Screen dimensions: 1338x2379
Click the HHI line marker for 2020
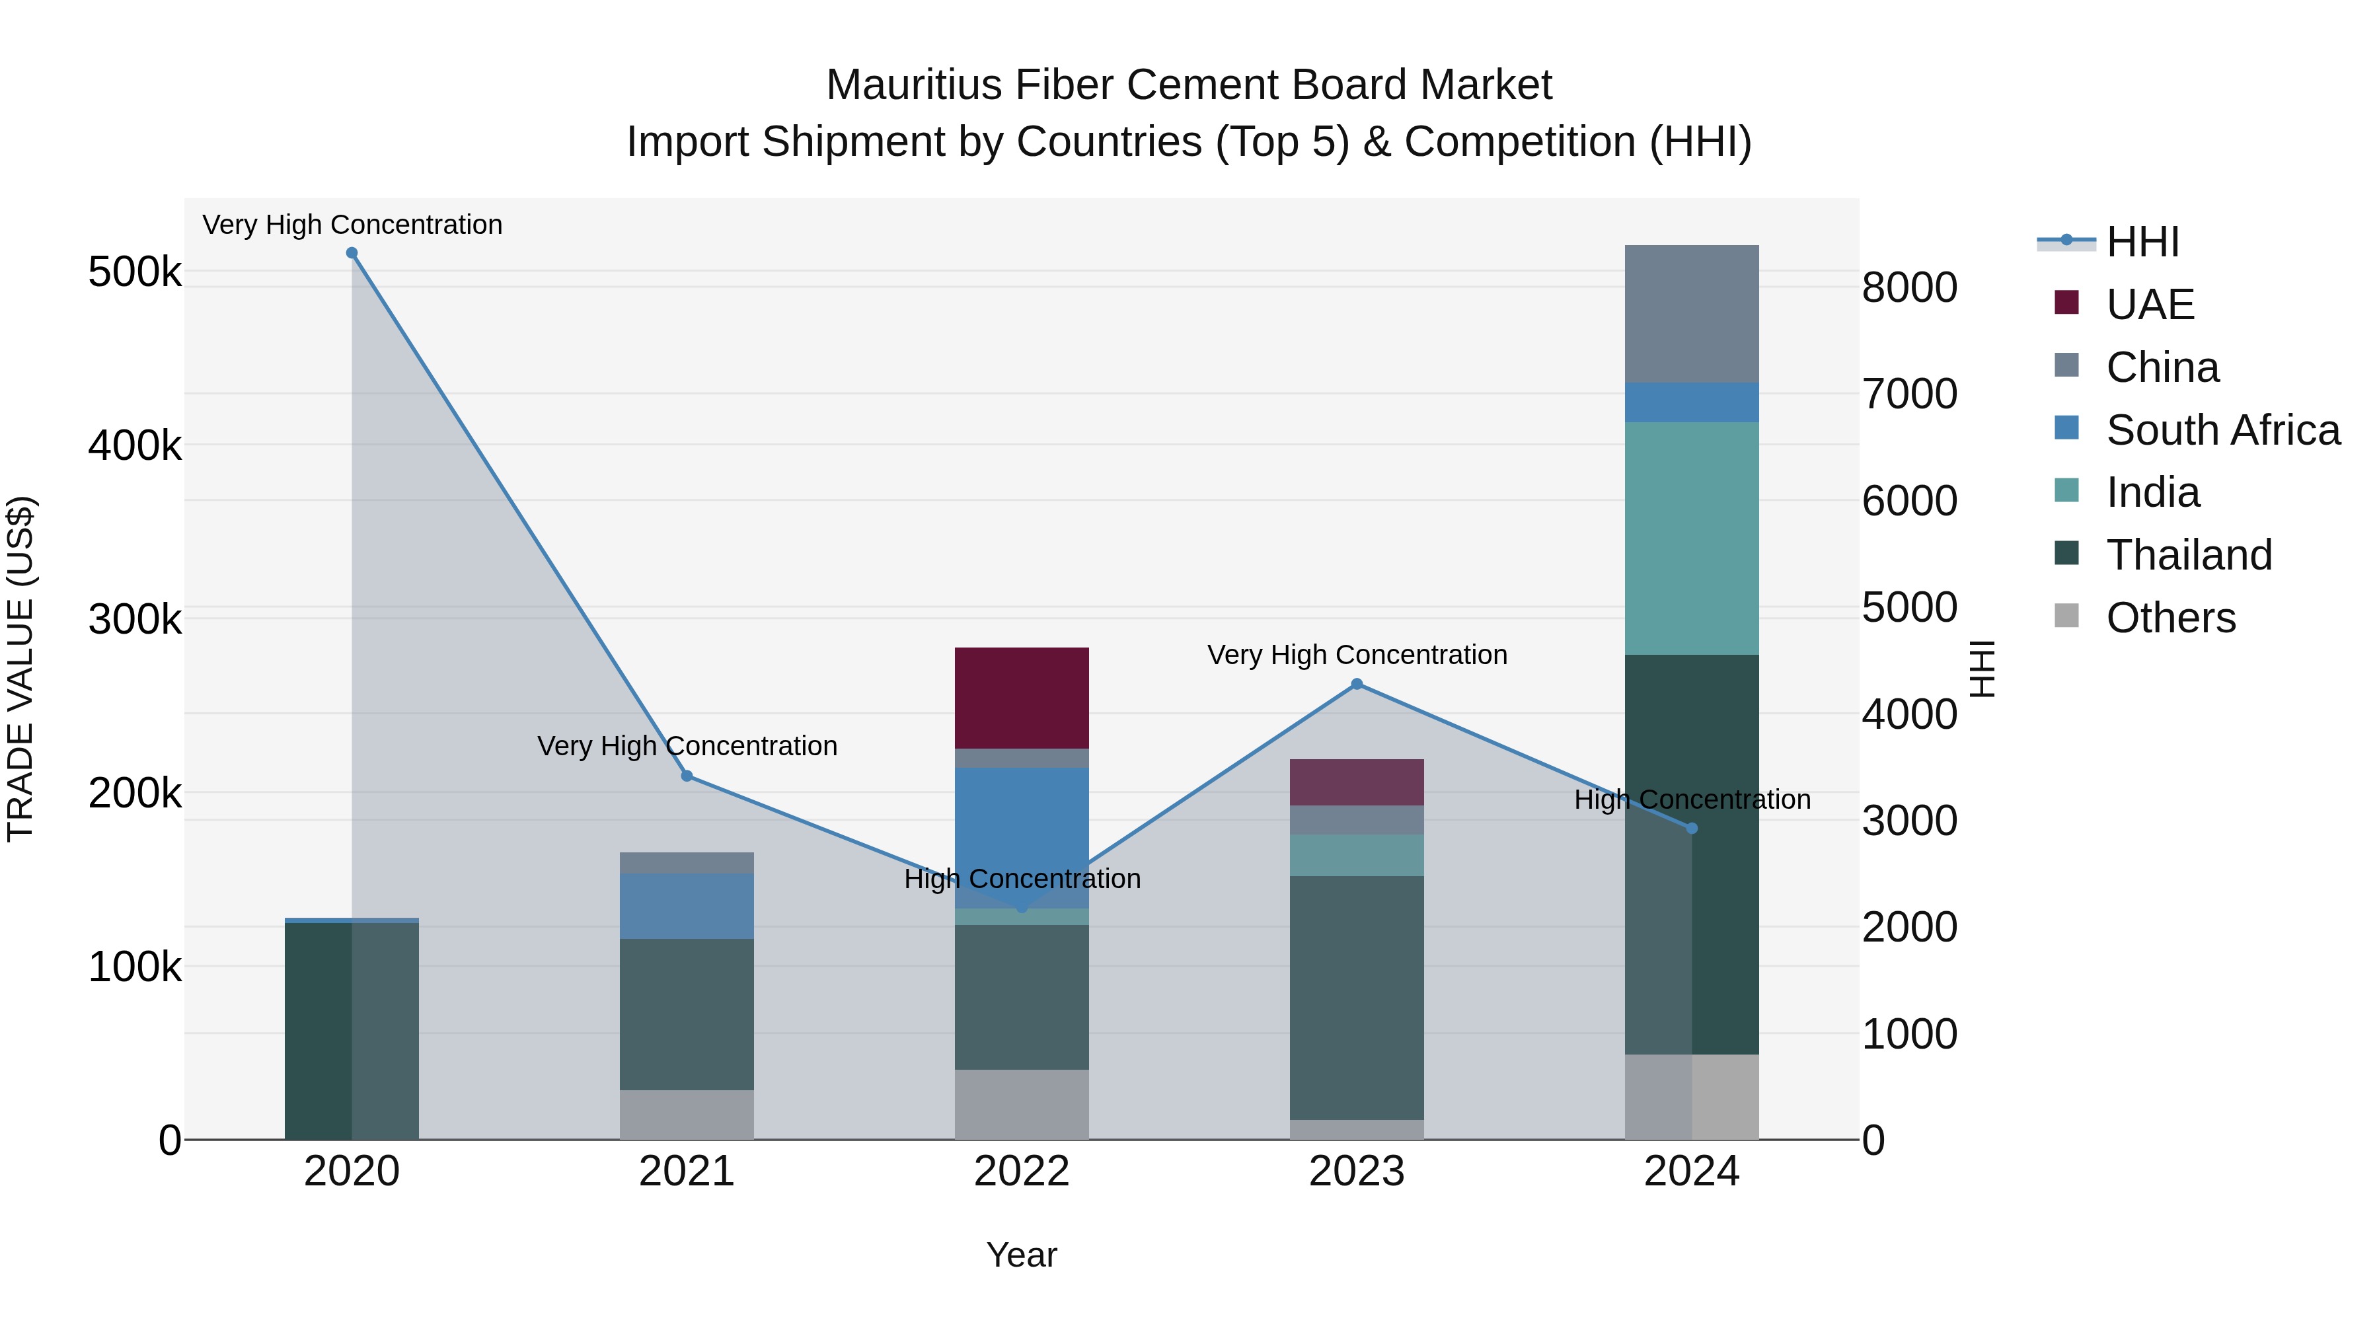352,253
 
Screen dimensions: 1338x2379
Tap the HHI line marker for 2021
687,776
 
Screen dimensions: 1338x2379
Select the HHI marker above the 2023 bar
1357,685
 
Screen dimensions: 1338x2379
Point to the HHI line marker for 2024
1692,829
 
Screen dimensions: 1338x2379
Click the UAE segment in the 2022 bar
1022,698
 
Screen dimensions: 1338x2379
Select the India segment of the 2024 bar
1692,539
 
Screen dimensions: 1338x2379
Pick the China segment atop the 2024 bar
1692,313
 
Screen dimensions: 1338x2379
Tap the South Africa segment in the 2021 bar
687,906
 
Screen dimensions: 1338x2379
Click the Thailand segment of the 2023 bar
1357,997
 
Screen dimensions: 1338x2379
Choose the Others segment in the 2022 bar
1022,1104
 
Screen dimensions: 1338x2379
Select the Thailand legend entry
2189,555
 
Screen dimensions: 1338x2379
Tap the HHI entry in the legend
2142,242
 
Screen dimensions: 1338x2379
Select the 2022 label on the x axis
1022,1171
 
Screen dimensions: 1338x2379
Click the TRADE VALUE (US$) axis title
21,669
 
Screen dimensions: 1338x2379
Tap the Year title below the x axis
1022,1255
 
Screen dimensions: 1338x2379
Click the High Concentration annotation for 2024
1692,799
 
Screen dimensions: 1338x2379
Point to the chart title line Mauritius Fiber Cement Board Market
1189,85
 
